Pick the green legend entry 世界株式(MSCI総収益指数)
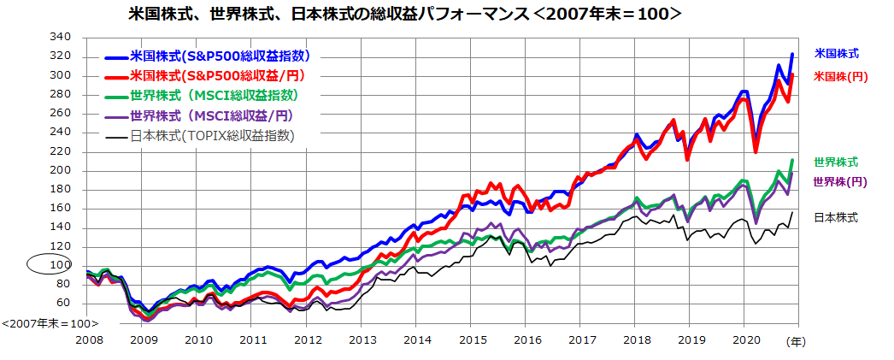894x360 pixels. pyautogui.click(x=214, y=96)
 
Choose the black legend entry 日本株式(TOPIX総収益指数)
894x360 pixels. pyautogui.click(x=211, y=135)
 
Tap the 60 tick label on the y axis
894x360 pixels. pyautogui.click(x=63, y=303)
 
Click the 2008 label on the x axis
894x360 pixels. pyautogui.click(x=89, y=339)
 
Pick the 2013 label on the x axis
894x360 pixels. pyautogui.click(x=362, y=339)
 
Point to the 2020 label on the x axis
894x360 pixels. pyautogui.click(x=744, y=339)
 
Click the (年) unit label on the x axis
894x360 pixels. pyautogui.click(x=796, y=341)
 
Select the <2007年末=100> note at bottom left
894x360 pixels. pyautogui.click(x=50, y=324)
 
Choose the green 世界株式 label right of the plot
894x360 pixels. pyautogui.click(x=836, y=162)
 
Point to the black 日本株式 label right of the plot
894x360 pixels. pyautogui.click(x=836, y=217)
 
